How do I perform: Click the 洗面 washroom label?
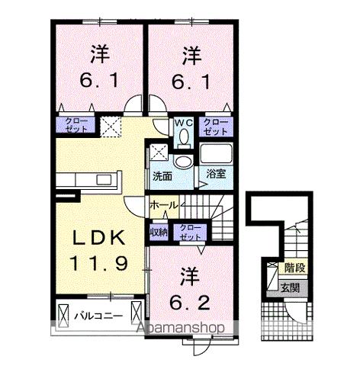(x=162, y=175)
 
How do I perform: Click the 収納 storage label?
(x=159, y=231)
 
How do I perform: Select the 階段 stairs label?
(x=293, y=268)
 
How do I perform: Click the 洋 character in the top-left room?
(x=100, y=55)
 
